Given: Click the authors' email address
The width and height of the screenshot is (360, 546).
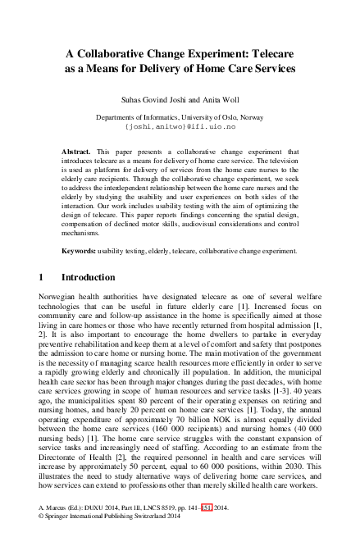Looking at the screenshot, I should (x=180, y=128).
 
